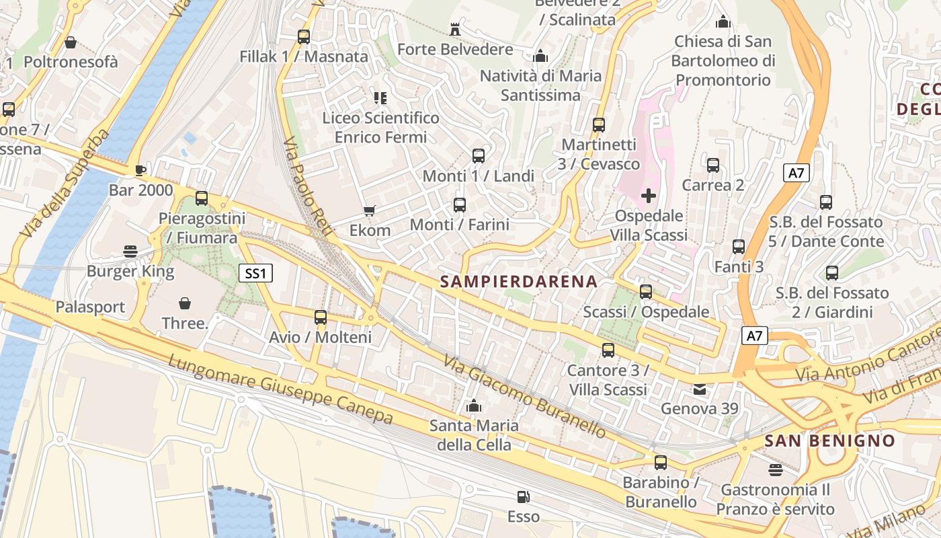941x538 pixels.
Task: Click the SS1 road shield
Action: point(256,273)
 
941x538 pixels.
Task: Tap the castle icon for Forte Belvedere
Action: point(455,29)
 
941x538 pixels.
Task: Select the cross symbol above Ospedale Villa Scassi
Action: point(649,196)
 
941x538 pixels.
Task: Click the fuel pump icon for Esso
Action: point(523,497)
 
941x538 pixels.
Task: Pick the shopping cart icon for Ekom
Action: point(369,211)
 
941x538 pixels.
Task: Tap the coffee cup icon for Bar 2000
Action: point(140,169)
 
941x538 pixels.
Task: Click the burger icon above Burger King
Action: point(130,252)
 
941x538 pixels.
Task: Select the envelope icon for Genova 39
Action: point(700,389)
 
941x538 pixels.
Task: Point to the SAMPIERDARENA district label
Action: point(519,282)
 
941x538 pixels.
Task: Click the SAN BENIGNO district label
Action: point(830,441)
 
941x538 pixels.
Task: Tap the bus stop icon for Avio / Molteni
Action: point(321,317)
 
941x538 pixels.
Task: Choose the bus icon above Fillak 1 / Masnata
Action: point(304,36)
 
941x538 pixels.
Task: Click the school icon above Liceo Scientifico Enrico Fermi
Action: point(380,98)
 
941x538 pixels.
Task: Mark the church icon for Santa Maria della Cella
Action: point(474,406)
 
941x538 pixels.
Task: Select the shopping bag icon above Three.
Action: point(185,303)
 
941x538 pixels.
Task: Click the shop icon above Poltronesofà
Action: point(71,42)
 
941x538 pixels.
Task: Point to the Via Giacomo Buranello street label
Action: point(524,396)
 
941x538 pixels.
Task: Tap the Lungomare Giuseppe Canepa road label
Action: point(280,389)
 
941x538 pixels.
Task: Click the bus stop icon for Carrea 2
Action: point(713,165)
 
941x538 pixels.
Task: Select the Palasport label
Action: point(90,307)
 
